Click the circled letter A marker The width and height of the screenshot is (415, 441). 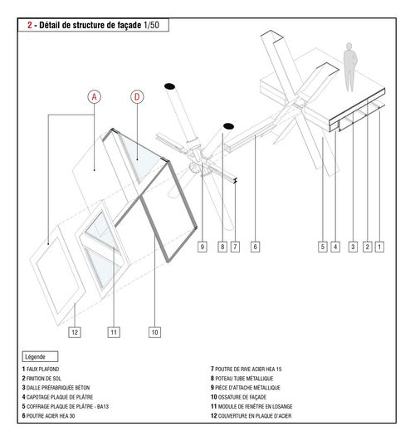coord(94,96)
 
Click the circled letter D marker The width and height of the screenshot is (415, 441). coord(137,96)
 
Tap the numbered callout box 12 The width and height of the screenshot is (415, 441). coord(75,332)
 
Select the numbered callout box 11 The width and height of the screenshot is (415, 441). coord(114,332)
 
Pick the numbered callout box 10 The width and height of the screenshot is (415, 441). coord(154,332)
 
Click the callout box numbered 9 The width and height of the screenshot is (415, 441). coord(203,247)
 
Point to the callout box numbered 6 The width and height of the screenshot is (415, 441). coord(255,247)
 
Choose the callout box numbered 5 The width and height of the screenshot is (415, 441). coord(323,247)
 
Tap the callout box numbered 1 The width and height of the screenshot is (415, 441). coord(379,247)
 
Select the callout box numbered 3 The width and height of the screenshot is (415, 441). coord(353,247)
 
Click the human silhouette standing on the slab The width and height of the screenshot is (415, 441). coord(350,67)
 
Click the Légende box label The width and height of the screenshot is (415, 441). coord(40,356)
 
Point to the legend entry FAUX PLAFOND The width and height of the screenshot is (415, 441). coord(41,369)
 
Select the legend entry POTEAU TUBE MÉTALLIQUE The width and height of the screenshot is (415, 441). coord(242,378)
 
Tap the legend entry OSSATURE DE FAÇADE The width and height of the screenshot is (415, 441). coord(238,397)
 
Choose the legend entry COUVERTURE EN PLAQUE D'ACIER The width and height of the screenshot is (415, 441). coord(251,416)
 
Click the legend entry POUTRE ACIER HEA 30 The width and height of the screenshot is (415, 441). coord(48,416)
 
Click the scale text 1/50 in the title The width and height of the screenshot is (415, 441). coord(151,25)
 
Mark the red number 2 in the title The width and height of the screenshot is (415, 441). coord(30,25)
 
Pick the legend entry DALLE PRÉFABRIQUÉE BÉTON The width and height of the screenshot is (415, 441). coord(56,388)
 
